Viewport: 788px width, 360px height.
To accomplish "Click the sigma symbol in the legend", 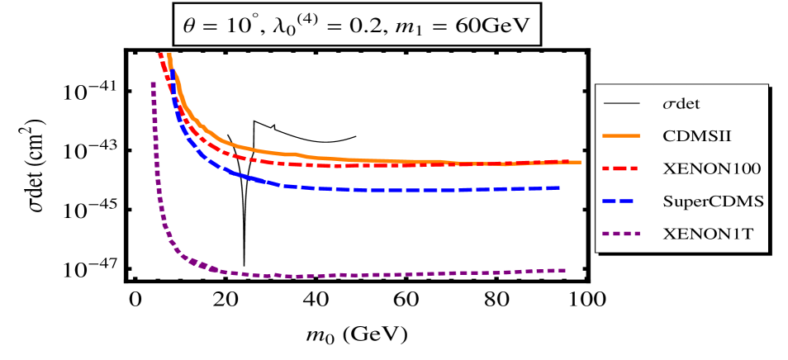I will (669, 105).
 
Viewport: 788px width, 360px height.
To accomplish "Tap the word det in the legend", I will (688, 105).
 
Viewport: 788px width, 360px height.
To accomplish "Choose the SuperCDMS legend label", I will (712, 201).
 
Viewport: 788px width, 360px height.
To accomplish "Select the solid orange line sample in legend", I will (623, 135).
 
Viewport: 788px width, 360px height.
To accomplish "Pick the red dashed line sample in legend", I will (623, 168).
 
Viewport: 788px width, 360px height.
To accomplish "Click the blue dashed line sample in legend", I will (623, 201).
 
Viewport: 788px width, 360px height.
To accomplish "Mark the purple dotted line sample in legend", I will (623, 234).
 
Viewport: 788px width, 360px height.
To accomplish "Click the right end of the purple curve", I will (565, 270).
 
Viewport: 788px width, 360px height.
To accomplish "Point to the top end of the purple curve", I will (153, 83).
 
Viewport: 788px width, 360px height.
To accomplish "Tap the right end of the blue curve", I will (560, 188).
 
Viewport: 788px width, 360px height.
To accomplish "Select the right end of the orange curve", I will (580, 162).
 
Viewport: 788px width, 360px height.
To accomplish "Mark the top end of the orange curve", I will (169, 54).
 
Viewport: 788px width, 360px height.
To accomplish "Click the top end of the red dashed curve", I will (160, 54).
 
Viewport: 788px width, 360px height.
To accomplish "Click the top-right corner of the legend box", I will (767, 84).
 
